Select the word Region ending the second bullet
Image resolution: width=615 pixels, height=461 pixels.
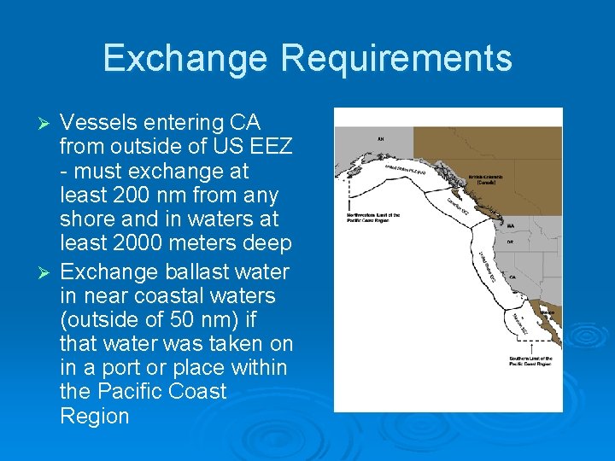click(x=94, y=417)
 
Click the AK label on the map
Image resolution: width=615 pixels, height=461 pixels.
click(x=380, y=138)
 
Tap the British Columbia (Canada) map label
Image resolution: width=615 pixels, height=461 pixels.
click(x=486, y=180)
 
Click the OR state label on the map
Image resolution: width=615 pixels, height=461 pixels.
click(x=511, y=242)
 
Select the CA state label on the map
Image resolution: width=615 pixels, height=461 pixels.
click(x=511, y=277)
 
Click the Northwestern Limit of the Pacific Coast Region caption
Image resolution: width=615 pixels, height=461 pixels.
click(x=373, y=217)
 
